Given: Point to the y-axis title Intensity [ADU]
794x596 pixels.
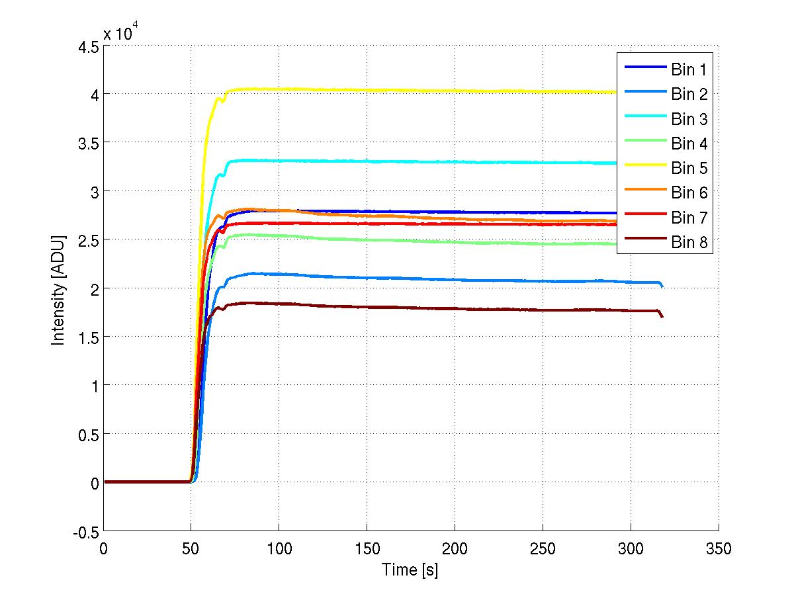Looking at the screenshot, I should tap(59, 289).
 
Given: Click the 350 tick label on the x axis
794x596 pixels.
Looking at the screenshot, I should tap(719, 550).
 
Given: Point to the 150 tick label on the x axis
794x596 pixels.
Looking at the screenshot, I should tap(367, 550).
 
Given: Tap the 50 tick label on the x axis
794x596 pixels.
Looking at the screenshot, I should tap(191, 550).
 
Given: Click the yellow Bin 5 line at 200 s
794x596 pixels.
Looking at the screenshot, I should tap(455, 91).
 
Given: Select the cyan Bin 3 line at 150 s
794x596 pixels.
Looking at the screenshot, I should tap(367, 161).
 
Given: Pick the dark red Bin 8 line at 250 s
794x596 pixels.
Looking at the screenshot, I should tap(543, 309).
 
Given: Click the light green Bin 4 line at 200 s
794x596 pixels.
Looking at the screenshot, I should tap(455, 242).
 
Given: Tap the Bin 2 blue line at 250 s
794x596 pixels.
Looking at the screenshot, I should tap(543, 281).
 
